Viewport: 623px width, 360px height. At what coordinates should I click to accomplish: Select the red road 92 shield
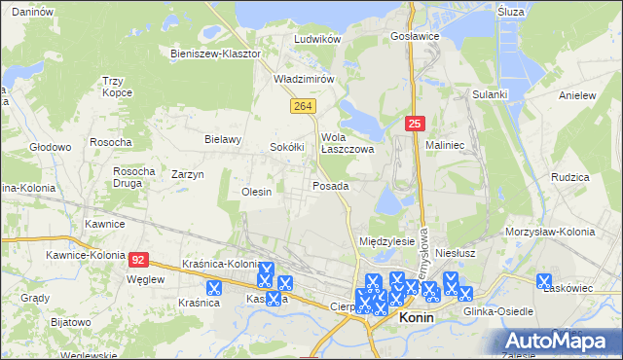point(139,260)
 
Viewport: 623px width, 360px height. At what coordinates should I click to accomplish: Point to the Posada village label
point(330,185)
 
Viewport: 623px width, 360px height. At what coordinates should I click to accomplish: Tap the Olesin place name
point(256,193)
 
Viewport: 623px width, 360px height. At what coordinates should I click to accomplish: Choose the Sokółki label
point(288,147)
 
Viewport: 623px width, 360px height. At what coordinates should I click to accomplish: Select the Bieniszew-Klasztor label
point(215,54)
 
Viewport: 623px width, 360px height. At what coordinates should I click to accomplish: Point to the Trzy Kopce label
point(116,88)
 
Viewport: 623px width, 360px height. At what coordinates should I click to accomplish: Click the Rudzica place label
point(569,178)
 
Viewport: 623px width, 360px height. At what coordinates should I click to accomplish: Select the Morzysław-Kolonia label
point(549,232)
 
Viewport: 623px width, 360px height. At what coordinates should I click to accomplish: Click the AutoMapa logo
point(558,340)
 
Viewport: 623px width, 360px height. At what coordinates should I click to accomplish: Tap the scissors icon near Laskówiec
point(545,281)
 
